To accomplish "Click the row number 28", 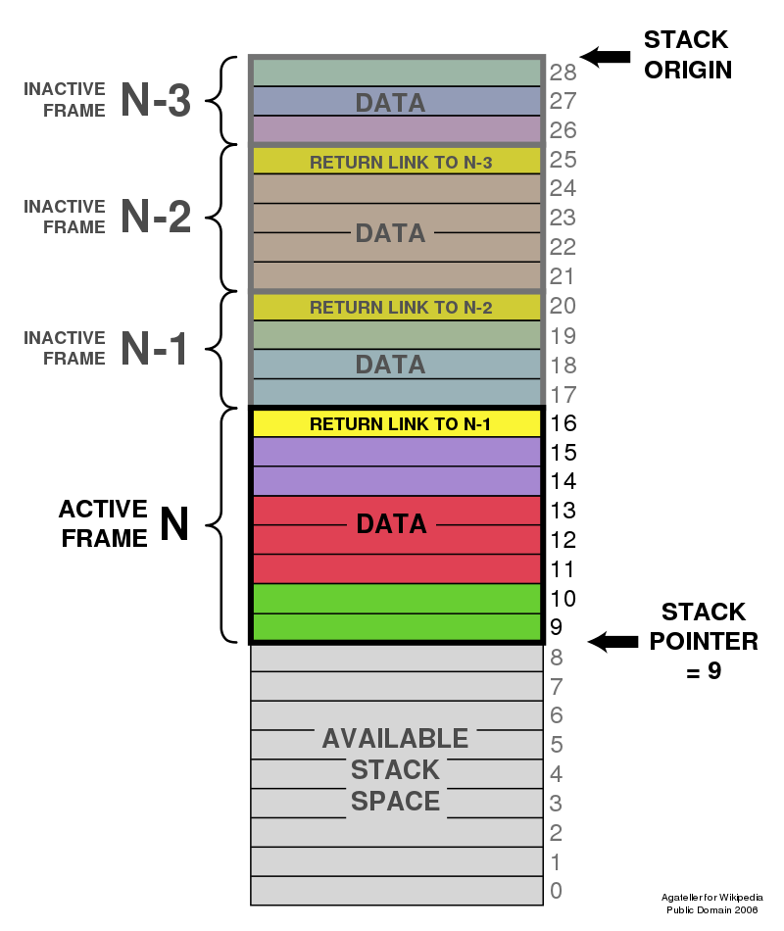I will click(563, 72).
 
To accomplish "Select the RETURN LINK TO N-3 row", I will click(397, 162).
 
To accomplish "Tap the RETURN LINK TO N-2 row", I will click(397, 307).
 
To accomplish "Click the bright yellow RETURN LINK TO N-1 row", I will click(397, 423).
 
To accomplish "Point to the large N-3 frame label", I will click(155, 100).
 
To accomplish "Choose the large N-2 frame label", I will click(155, 217).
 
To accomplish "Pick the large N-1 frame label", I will click(155, 348).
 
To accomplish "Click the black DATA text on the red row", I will click(391, 524).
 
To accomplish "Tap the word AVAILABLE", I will click(395, 738).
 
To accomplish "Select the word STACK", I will click(395, 769).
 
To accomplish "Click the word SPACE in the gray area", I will click(395, 801).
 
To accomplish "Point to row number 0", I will click(557, 891).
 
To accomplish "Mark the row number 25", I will click(563, 159).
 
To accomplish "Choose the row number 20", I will click(563, 306).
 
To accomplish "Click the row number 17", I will click(563, 395).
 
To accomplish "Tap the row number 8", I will click(557, 658).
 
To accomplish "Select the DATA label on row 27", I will click(390, 102).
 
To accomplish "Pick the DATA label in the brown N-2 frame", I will click(390, 233).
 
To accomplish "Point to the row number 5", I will click(557, 745).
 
